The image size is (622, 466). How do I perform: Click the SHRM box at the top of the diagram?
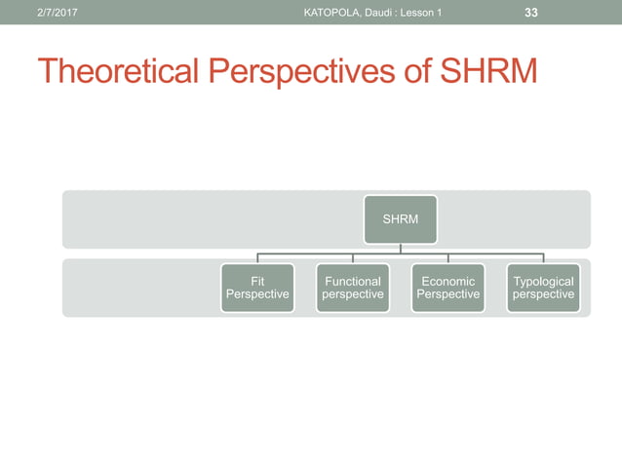pyautogui.click(x=401, y=219)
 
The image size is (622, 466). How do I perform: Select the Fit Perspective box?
pyautogui.click(x=257, y=288)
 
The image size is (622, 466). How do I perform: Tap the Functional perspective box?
pyautogui.click(x=352, y=288)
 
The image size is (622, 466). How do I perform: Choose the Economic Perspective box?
pyautogui.click(x=447, y=288)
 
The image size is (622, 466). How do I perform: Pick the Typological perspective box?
pyautogui.click(x=543, y=288)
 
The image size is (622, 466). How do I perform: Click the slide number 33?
pyautogui.click(x=531, y=13)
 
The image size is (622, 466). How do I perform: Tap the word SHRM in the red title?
pyautogui.click(x=488, y=72)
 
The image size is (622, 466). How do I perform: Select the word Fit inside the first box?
pyautogui.click(x=257, y=281)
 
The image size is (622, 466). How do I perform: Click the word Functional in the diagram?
pyautogui.click(x=352, y=281)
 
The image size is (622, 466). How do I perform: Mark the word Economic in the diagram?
pyautogui.click(x=447, y=281)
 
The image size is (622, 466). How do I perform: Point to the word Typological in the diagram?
pyautogui.click(x=543, y=281)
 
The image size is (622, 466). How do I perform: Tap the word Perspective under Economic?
pyautogui.click(x=447, y=294)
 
